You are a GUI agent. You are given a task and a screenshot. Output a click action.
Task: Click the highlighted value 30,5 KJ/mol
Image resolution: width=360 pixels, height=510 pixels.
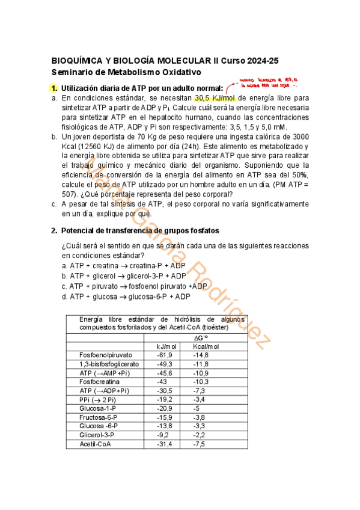click(x=215, y=98)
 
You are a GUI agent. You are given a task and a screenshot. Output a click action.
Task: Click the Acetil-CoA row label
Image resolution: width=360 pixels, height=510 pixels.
click(x=95, y=444)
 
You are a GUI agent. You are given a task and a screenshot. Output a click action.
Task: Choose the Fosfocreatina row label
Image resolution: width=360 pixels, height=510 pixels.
click(x=99, y=381)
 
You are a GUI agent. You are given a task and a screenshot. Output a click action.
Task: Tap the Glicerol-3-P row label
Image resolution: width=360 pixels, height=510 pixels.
click(x=96, y=435)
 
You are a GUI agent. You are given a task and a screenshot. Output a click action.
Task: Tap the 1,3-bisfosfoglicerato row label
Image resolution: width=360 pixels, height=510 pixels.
click(x=109, y=364)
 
